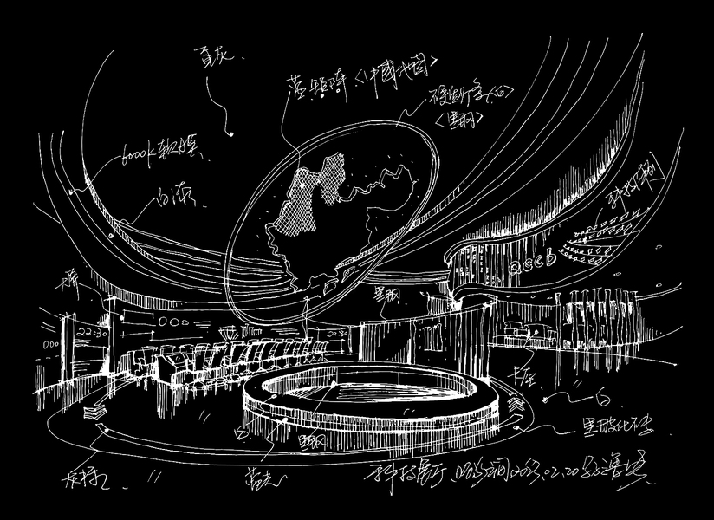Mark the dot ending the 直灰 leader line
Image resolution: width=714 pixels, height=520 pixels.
232,133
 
